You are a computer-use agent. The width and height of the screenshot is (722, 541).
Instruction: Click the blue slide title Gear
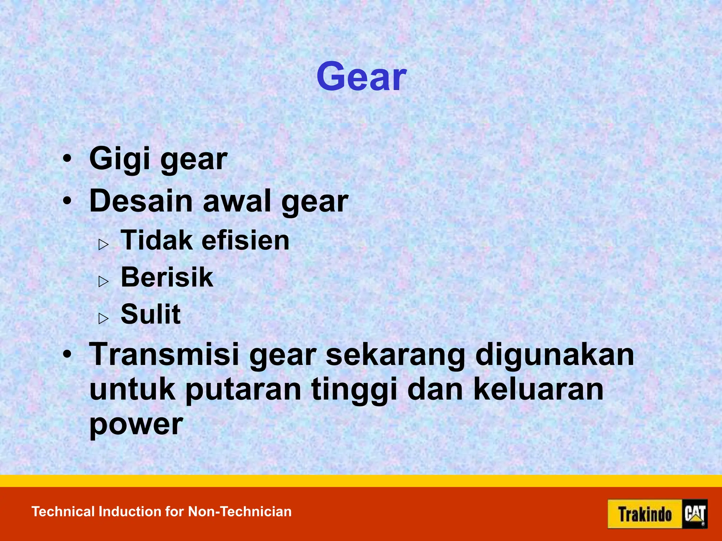[361, 77]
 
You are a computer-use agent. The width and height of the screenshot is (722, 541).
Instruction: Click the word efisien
[245, 241]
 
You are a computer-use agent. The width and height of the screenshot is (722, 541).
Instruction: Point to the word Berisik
[167, 278]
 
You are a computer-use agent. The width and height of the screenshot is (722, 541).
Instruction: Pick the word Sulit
[151, 314]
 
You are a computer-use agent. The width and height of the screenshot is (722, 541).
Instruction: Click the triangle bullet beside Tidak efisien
[103, 244]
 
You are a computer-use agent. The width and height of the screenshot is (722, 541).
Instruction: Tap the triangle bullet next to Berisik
[103, 281]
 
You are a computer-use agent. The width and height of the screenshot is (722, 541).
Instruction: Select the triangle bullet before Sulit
[103, 318]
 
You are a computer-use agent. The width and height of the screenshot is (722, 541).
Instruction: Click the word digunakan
[555, 355]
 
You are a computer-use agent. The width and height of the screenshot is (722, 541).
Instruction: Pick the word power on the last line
[136, 425]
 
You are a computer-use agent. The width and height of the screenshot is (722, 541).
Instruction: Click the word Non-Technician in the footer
[240, 511]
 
